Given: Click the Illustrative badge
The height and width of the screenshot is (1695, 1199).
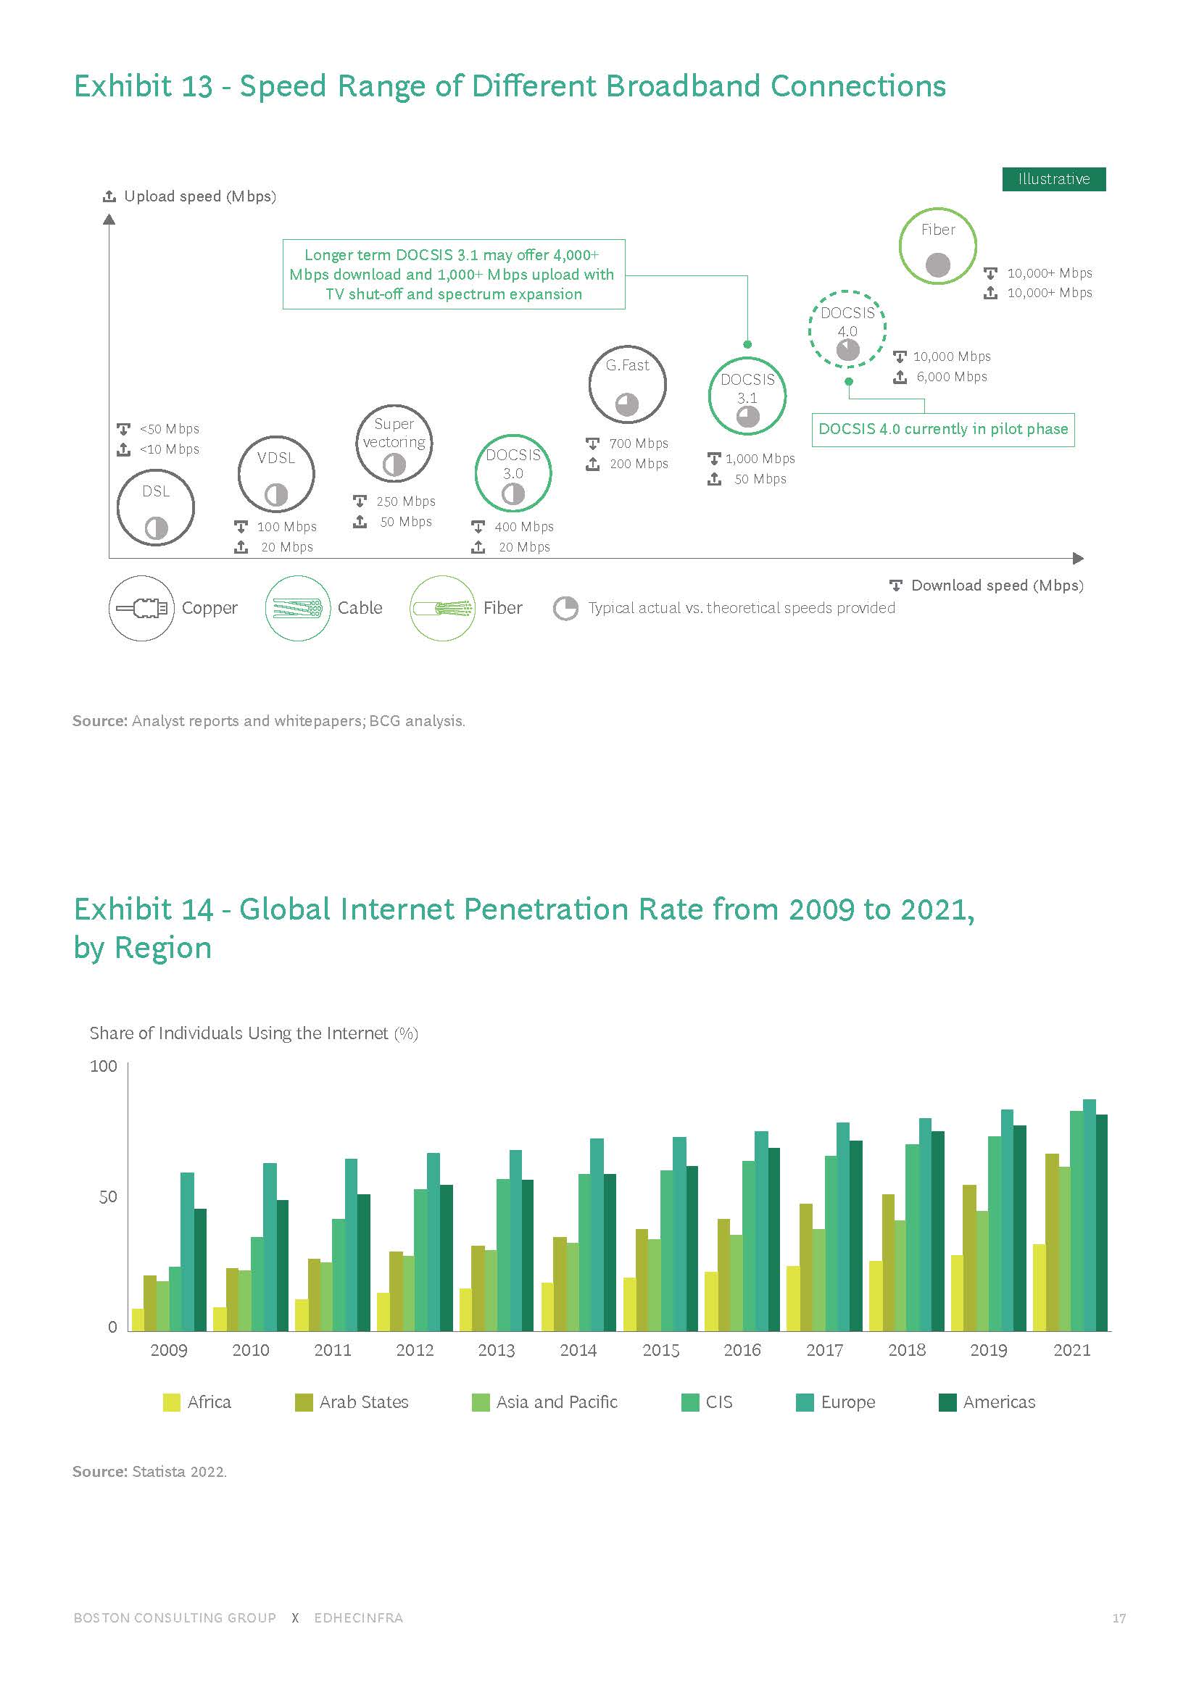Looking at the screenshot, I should (x=1053, y=179).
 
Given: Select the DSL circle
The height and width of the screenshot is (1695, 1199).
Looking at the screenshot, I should (x=156, y=507).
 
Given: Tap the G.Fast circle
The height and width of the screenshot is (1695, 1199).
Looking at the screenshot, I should (x=627, y=384).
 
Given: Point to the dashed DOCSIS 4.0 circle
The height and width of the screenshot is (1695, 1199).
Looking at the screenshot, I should (x=847, y=328).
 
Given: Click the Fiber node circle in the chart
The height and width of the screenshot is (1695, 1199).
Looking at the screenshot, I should (x=937, y=246).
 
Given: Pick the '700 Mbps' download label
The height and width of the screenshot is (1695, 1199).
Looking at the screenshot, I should (x=638, y=443).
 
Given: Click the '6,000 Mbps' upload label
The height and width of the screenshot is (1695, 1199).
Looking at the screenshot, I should (x=951, y=378).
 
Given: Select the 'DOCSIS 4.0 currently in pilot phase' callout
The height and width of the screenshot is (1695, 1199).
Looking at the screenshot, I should (x=942, y=429).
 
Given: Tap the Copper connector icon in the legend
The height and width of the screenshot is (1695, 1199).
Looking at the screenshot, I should (x=142, y=608).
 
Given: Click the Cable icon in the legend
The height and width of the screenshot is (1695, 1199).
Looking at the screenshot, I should (x=297, y=608).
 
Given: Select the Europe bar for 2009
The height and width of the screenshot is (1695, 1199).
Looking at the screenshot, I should (x=188, y=1252).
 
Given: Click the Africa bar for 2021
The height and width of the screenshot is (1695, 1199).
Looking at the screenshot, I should (x=1039, y=1288).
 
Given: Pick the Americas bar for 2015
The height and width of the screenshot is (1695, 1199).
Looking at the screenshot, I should (x=692, y=1249).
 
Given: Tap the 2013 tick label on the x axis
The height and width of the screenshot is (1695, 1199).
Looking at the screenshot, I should (x=496, y=1350).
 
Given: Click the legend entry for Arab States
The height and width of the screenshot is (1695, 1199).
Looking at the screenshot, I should (x=352, y=1403).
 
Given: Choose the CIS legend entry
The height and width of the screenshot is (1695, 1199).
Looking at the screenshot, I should (x=707, y=1403).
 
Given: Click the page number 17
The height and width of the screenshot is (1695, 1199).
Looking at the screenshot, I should (x=1119, y=1618).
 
